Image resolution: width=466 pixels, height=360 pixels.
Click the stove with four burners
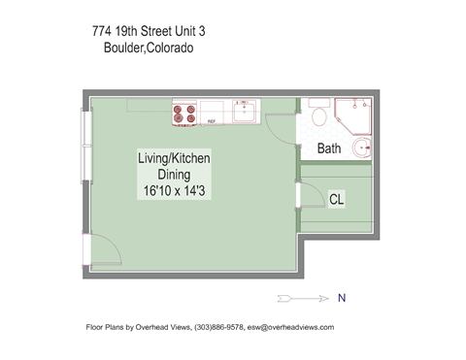click(x=183, y=115)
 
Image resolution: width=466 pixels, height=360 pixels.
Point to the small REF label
click(x=210, y=121)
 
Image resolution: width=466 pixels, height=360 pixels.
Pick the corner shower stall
click(x=354, y=115)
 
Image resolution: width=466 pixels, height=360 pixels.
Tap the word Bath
click(x=329, y=149)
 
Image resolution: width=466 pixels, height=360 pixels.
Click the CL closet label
click(x=337, y=199)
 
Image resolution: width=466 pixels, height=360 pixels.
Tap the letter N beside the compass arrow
click(x=341, y=297)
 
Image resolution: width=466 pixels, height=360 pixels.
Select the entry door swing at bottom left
click(x=104, y=251)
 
